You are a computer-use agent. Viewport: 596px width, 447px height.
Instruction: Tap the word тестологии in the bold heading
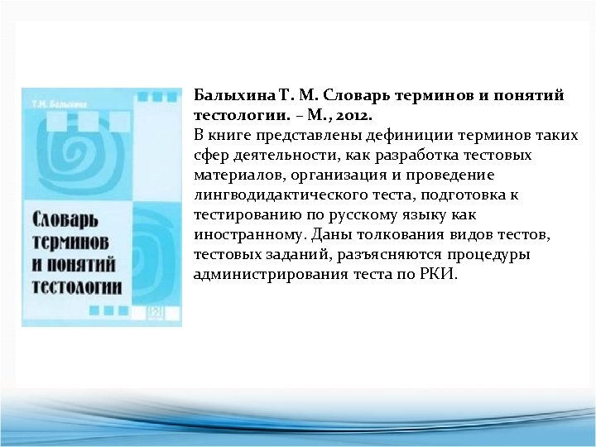(x=234, y=115)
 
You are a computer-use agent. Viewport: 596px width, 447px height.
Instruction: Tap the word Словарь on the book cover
(x=65, y=221)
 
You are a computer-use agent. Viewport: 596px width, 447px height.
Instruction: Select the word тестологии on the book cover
(x=76, y=287)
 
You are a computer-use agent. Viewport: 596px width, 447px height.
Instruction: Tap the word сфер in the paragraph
(x=209, y=155)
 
